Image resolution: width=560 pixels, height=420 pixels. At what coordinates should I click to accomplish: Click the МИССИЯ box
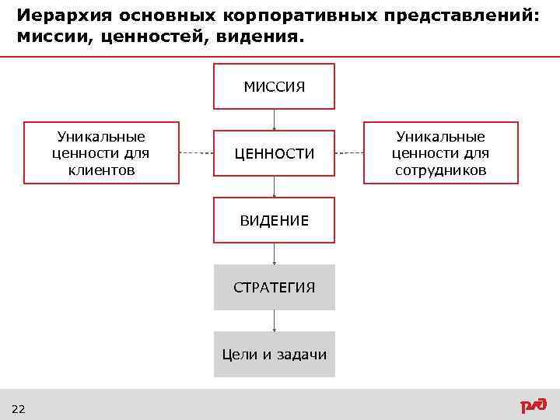(x=274, y=86)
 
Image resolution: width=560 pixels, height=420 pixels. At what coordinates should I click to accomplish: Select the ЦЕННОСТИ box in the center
(x=274, y=154)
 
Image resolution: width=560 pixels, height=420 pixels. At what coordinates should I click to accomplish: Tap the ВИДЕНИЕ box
(x=274, y=221)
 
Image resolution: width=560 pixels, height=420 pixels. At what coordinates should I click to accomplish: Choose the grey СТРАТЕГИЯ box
(x=274, y=288)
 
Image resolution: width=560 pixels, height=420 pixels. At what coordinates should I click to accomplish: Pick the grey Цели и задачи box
(x=274, y=355)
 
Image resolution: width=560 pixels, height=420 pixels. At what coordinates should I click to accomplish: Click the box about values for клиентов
(x=101, y=153)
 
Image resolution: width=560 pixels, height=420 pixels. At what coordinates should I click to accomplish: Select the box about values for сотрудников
(x=440, y=153)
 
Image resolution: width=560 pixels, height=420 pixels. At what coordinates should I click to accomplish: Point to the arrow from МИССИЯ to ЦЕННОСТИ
(x=274, y=119)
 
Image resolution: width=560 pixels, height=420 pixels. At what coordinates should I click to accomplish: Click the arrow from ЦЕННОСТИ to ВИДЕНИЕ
(x=274, y=187)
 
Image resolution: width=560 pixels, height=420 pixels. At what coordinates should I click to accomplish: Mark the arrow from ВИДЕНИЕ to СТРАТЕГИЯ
(x=274, y=254)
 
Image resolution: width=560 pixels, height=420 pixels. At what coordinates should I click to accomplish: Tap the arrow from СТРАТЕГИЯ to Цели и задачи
(x=274, y=320)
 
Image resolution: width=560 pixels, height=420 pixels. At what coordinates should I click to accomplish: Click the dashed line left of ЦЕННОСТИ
(x=196, y=153)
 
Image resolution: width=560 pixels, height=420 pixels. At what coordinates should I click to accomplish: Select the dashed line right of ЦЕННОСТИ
(x=349, y=153)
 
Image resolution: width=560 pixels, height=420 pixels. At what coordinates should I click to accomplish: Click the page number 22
(x=19, y=409)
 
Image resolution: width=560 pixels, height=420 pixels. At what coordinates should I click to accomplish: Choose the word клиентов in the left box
(x=101, y=170)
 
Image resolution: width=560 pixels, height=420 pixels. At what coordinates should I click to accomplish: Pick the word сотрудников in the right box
(x=440, y=170)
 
